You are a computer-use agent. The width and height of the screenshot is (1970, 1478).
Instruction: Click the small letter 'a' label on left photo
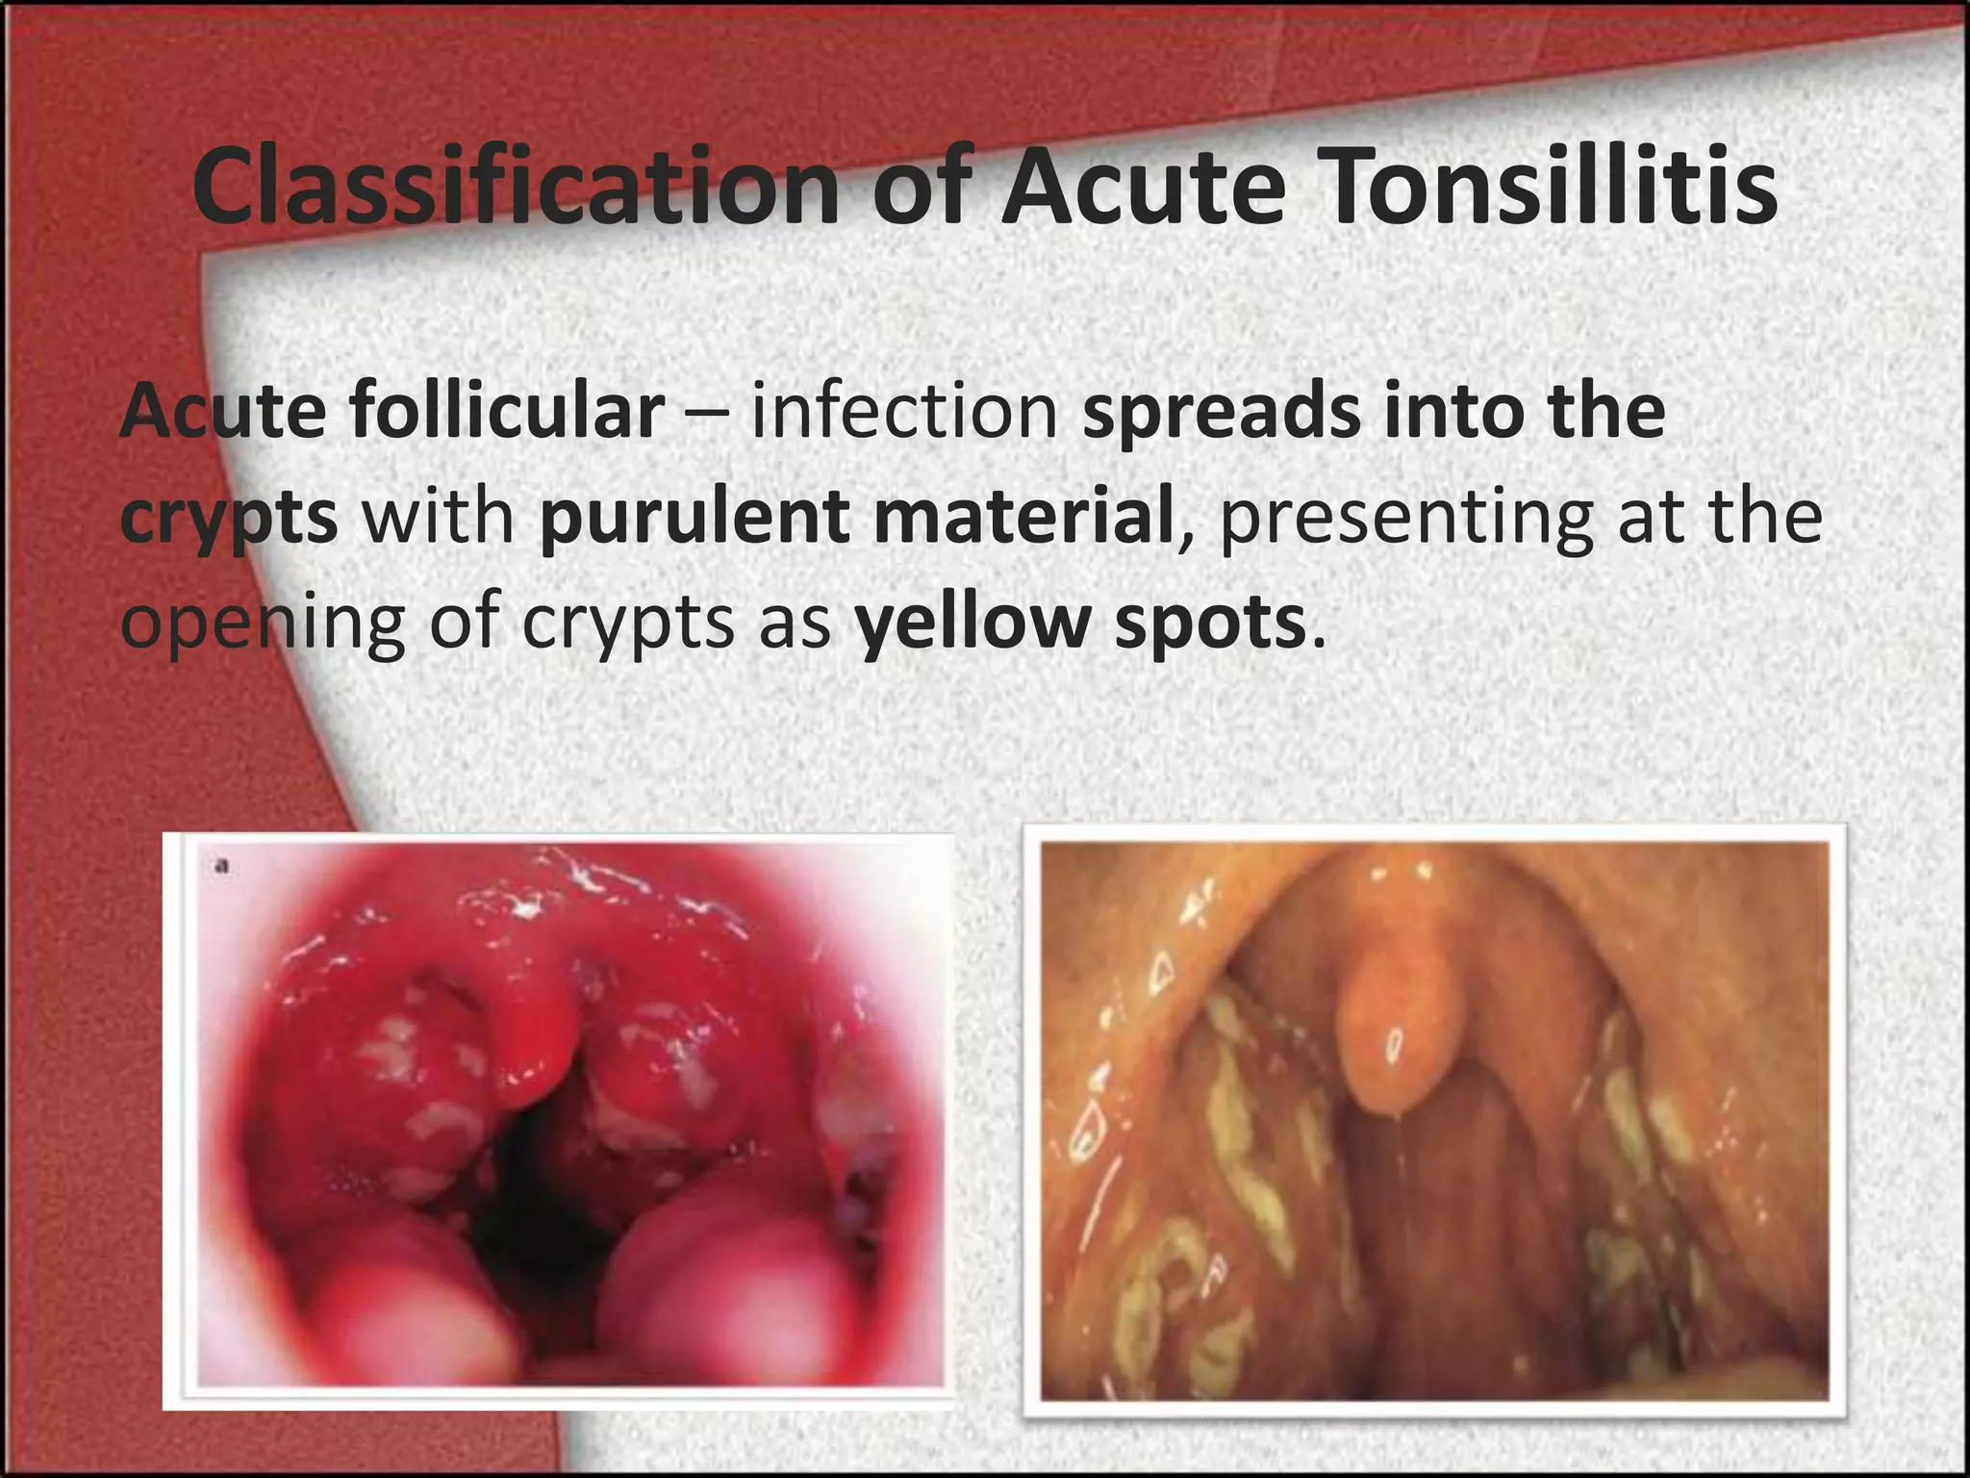tap(223, 867)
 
